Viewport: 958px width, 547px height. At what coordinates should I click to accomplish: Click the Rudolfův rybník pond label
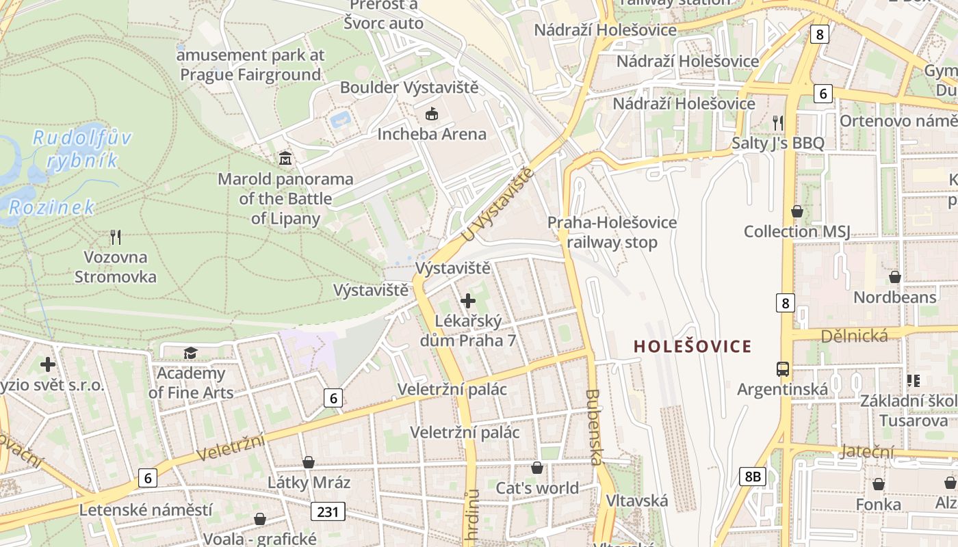pyautogui.click(x=82, y=149)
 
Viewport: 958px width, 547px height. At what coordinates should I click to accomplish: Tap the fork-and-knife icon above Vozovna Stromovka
pyautogui.click(x=116, y=237)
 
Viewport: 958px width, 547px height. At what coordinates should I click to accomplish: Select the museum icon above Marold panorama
pyautogui.click(x=285, y=159)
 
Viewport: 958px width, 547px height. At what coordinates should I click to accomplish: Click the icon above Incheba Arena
pyautogui.click(x=432, y=114)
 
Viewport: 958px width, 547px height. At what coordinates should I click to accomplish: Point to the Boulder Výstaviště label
pyautogui.click(x=409, y=88)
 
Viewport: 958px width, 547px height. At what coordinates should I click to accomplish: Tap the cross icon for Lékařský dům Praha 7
pyautogui.click(x=468, y=300)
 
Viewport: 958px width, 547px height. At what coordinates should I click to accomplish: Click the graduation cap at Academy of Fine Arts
pyautogui.click(x=190, y=353)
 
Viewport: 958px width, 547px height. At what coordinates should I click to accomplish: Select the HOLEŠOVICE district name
pyautogui.click(x=692, y=347)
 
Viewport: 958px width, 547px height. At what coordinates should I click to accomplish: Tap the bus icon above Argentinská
pyautogui.click(x=783, y=369)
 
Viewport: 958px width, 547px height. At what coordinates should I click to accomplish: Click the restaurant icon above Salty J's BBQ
pyautogui.click(x=777, y=123)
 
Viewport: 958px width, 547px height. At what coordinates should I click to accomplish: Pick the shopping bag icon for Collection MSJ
pyautogui.click(x=797, y=211)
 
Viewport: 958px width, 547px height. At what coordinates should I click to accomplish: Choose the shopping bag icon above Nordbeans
pyautogui.click(x=894, y=277)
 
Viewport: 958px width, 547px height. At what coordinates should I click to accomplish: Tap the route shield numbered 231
pyautogui.click(x=328, y=511)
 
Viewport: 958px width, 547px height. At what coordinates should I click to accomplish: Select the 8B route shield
pyautogui.click(x=752, y=477)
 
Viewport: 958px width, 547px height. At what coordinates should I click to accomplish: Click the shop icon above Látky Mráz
pyautogui.click(x=309, y=463)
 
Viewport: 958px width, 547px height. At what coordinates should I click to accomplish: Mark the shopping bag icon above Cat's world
pyautogui.click(x=537, y=468)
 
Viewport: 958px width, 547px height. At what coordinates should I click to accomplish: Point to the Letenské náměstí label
pyautogui.click(x=146, y=510)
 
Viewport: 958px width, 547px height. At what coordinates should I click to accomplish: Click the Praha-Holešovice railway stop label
pyautogui.click(x=612, y=232)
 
